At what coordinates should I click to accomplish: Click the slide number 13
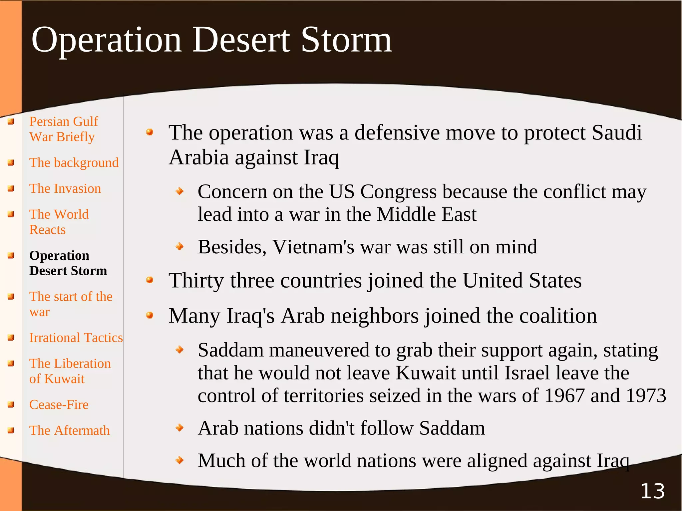coord(652,491)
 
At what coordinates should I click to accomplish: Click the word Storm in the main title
coord(346,40)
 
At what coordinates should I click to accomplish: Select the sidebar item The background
coord(74,163)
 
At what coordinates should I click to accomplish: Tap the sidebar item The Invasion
coord(65,189)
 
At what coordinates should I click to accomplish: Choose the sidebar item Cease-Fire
coord(59,405)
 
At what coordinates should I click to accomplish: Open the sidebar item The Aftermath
coord(69,430)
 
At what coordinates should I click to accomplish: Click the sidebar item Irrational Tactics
coord(76,338)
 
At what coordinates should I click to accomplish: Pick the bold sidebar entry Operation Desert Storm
coord(68,263)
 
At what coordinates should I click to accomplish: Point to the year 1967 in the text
coord(564,396)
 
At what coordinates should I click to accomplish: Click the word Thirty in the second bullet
coord(196,280)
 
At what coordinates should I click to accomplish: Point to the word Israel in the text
coord(527,373)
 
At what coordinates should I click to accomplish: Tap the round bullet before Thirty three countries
coord(150,280)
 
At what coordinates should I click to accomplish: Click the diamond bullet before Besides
coord(180,247)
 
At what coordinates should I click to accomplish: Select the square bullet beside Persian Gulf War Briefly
coord(11,122)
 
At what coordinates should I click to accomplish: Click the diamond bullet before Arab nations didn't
coord(180,427)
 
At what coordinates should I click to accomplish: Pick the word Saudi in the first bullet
coord(617,133)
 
